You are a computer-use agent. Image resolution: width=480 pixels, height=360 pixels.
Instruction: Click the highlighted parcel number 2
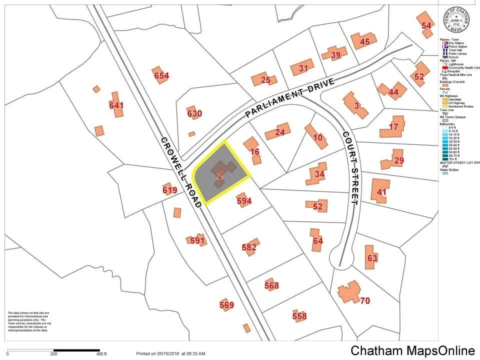tap(220, 175)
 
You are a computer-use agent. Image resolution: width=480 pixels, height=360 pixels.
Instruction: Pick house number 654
tap(161, 76)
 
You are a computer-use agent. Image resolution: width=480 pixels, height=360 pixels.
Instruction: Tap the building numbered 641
tap(116, 105)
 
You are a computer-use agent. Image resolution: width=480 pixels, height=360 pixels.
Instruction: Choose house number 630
tap(194, 113)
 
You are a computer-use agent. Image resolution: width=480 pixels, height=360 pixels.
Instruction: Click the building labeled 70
tap(365, 300)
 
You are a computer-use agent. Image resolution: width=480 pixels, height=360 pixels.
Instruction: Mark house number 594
tap(244, 201)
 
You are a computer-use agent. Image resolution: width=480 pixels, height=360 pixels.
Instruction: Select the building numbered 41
tap(381, 192)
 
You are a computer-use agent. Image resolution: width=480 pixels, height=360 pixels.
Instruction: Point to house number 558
tap(299, 316)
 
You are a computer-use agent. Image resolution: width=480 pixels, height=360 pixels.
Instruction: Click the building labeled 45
tap(364, 42)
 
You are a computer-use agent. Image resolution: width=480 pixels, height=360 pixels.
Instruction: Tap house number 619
tap(170, 190)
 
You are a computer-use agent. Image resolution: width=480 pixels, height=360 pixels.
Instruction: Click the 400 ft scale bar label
tap(101, 354)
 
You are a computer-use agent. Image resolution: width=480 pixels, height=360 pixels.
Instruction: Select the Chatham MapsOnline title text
tap(412, 350)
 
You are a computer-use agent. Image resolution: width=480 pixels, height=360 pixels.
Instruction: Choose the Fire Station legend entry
tap(455, 43)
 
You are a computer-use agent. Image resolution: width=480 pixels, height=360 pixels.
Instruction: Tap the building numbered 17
tap(394, 127)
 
